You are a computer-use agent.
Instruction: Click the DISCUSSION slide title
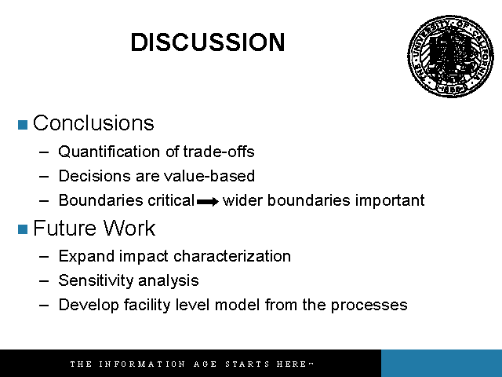click(x=208, y=42)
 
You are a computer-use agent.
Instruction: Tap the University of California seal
click(x=451, y=56)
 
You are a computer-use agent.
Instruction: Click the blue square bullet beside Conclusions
click(x=23, y=125)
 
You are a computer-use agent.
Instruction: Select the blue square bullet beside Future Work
click(x=23, y=229)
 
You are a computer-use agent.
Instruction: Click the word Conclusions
click(x=93, y=123)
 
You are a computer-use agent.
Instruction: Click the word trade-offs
click(x=219, y=152)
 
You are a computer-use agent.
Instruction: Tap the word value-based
click(x=209, y=176)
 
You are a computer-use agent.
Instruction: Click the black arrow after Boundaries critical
click(x=208, y=202)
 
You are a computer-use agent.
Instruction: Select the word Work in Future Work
click(x=129, y=228)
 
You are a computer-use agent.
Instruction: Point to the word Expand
click(x=86, y=257)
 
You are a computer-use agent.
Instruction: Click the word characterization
click(x=232, y=256)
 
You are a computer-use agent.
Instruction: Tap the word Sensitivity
click(x=96, y=280)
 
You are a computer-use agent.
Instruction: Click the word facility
click(x=147, y=305)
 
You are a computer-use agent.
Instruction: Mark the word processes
click(x=369, y=306)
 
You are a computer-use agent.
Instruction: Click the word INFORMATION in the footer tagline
click(x=142, y=364)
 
